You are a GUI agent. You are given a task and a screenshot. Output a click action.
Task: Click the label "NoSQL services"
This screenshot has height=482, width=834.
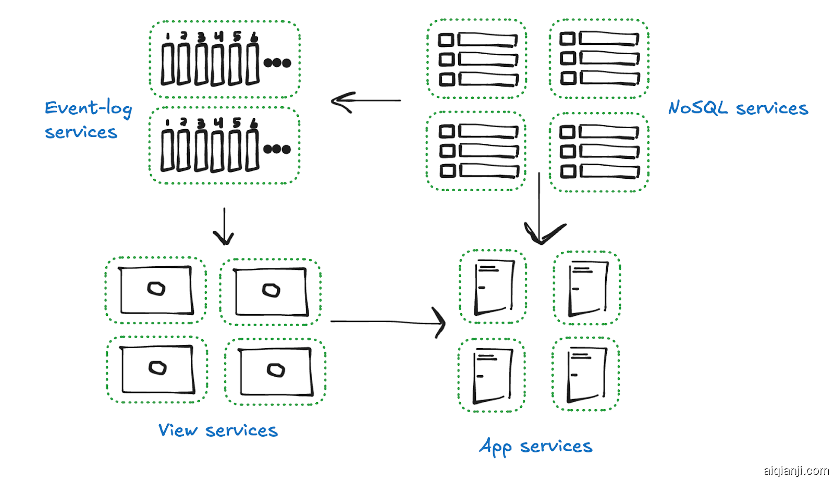738,108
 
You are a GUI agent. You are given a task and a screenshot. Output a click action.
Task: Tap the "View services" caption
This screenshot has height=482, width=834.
218,430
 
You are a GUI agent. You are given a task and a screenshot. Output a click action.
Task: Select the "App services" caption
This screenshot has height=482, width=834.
535,447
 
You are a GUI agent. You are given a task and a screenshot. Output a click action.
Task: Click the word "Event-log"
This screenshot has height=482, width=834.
88,108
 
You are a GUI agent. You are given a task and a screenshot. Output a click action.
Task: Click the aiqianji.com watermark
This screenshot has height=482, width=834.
796,471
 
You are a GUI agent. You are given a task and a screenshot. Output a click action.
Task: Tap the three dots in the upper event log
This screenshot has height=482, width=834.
277,63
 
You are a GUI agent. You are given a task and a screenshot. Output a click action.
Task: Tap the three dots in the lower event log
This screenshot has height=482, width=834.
277,150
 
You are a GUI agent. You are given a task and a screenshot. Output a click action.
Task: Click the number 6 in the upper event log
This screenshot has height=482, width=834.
254,36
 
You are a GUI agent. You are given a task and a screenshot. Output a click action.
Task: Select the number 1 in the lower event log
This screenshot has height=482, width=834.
167,122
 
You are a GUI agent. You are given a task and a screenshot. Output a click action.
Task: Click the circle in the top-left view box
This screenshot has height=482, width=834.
156,288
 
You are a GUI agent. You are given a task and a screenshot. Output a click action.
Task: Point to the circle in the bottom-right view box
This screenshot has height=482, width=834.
276,370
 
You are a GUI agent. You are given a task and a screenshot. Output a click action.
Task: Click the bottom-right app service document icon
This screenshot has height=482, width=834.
586,375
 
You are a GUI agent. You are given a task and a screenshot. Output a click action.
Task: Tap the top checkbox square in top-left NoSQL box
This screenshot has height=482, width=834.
446,40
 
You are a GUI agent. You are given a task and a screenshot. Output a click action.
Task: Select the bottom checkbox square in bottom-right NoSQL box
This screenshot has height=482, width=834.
568,171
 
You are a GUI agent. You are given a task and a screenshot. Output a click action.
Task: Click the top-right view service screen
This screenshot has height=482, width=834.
271,292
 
